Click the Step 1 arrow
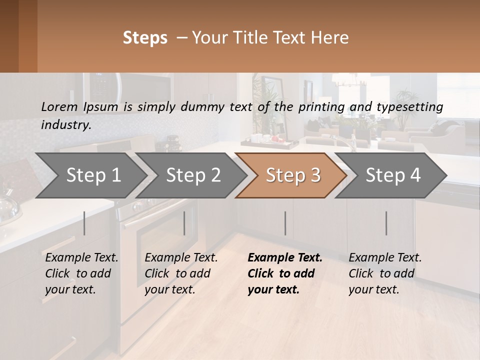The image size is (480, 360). coord(93,175)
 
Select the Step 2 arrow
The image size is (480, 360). coord(193,175)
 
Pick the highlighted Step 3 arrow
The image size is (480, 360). coord(292,175)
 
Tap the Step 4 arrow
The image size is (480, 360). coord(393,175)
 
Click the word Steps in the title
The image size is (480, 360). coord(145,38)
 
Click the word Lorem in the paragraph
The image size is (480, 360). coord(59,107)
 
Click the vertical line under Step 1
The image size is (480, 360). coord(84,223)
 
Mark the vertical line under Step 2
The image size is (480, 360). coord(184,223)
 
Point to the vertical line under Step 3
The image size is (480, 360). coord(285,223)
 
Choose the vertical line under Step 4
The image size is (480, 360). coord(386,223)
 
